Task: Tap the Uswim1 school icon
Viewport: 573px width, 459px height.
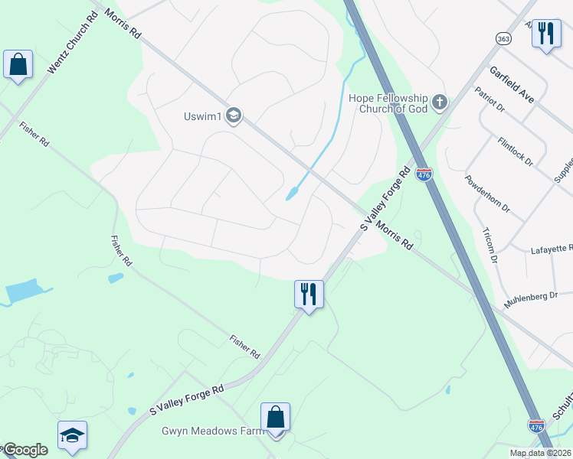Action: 234,116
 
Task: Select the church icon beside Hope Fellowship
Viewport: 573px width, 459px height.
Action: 440,102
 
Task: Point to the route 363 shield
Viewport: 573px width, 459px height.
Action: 503,38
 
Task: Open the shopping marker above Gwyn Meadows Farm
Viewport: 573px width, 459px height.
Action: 276,418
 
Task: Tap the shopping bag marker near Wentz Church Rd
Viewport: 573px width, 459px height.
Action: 18,66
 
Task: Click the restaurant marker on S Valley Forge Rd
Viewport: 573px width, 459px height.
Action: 309,295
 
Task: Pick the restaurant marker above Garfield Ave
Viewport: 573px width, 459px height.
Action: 546,34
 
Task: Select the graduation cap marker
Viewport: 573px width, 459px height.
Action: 72,437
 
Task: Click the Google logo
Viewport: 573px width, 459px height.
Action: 25,451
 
